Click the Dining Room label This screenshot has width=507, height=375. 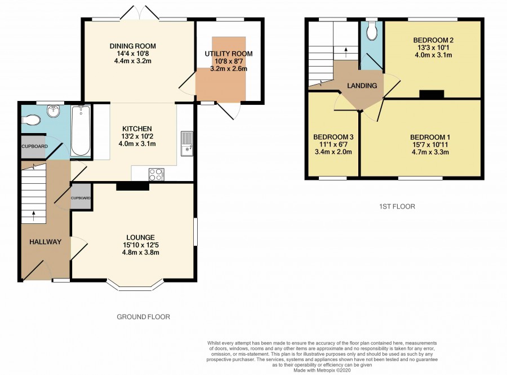coord(132,46)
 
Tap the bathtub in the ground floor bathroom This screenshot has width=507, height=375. coord(81,130)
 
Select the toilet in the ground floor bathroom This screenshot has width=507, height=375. coord(31,120)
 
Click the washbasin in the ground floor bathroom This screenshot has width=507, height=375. coord(54,111)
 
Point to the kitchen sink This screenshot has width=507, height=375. coord(187,144)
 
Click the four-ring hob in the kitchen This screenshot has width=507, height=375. coord(156,174)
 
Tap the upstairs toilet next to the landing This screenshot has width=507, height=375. coord(372,31)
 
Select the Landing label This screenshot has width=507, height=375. coord(362,86)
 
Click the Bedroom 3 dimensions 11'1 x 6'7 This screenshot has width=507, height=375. coord(333,144)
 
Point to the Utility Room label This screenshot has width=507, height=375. coord(229,54)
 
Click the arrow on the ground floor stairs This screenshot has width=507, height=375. coord(33,216)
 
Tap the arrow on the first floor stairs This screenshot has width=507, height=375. coord(346,52)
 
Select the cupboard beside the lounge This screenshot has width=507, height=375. coord(81,197)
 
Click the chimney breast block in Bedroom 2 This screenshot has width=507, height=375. coord(432,94)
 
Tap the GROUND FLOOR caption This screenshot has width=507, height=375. coord(143,317)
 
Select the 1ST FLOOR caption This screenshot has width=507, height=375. coord(397,206)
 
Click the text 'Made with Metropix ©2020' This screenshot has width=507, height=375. coord(322,370)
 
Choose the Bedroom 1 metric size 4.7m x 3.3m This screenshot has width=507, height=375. coord(430,152)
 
